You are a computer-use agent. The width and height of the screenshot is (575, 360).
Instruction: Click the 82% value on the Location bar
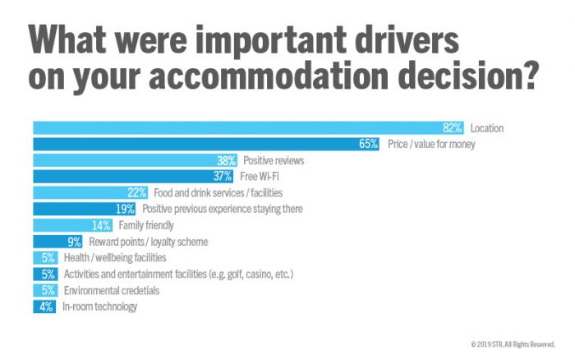point(453,128)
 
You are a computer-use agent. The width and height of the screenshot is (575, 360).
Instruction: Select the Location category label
point(487,128)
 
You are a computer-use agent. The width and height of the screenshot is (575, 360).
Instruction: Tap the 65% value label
point(368,144)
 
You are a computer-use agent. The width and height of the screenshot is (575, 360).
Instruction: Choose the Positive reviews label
point(274,160)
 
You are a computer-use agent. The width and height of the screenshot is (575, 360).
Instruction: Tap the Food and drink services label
point(218,192)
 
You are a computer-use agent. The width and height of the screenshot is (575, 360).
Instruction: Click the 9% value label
point(75,242)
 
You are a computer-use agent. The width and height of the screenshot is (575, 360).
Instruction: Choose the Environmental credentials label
point(111,290)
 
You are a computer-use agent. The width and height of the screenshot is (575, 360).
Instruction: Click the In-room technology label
point(100,307)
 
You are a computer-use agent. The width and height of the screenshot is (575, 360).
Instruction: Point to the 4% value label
point(46,307)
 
